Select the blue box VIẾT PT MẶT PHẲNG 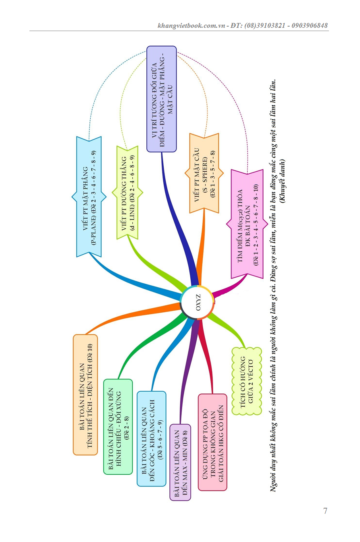point(89,197)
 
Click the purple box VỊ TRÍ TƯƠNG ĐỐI point(161,99)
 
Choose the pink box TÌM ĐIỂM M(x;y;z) point(246,224)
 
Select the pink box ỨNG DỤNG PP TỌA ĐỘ point(212,442)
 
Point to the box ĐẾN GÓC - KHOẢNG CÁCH point(151,438)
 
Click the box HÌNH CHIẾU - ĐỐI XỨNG point(118,426)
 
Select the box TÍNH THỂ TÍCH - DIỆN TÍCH point(85,395)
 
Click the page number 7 point(325,511)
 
